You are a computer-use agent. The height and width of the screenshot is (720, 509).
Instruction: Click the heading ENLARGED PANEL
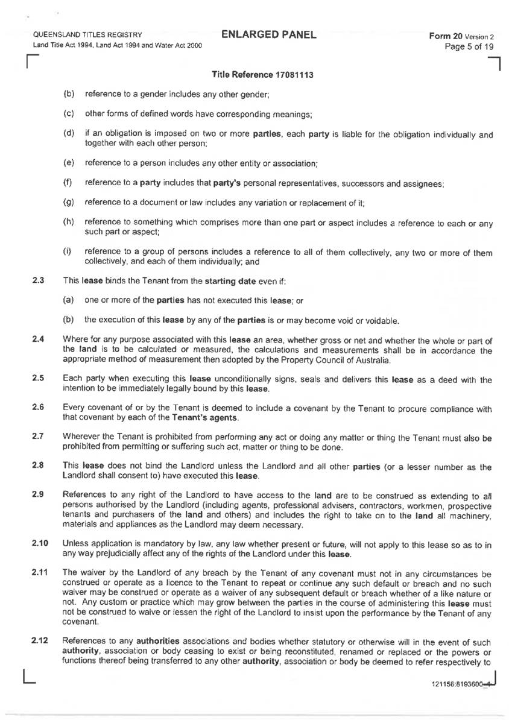[268, 34]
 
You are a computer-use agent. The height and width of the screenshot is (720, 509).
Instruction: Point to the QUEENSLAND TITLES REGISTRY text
[87, 35]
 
